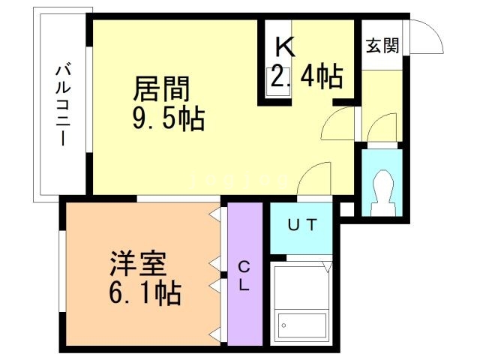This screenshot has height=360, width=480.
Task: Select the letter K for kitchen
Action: pos(283,47)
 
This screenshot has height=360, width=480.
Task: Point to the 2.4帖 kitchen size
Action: pos(307,76)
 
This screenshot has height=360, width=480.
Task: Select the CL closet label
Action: pos(244,276)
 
